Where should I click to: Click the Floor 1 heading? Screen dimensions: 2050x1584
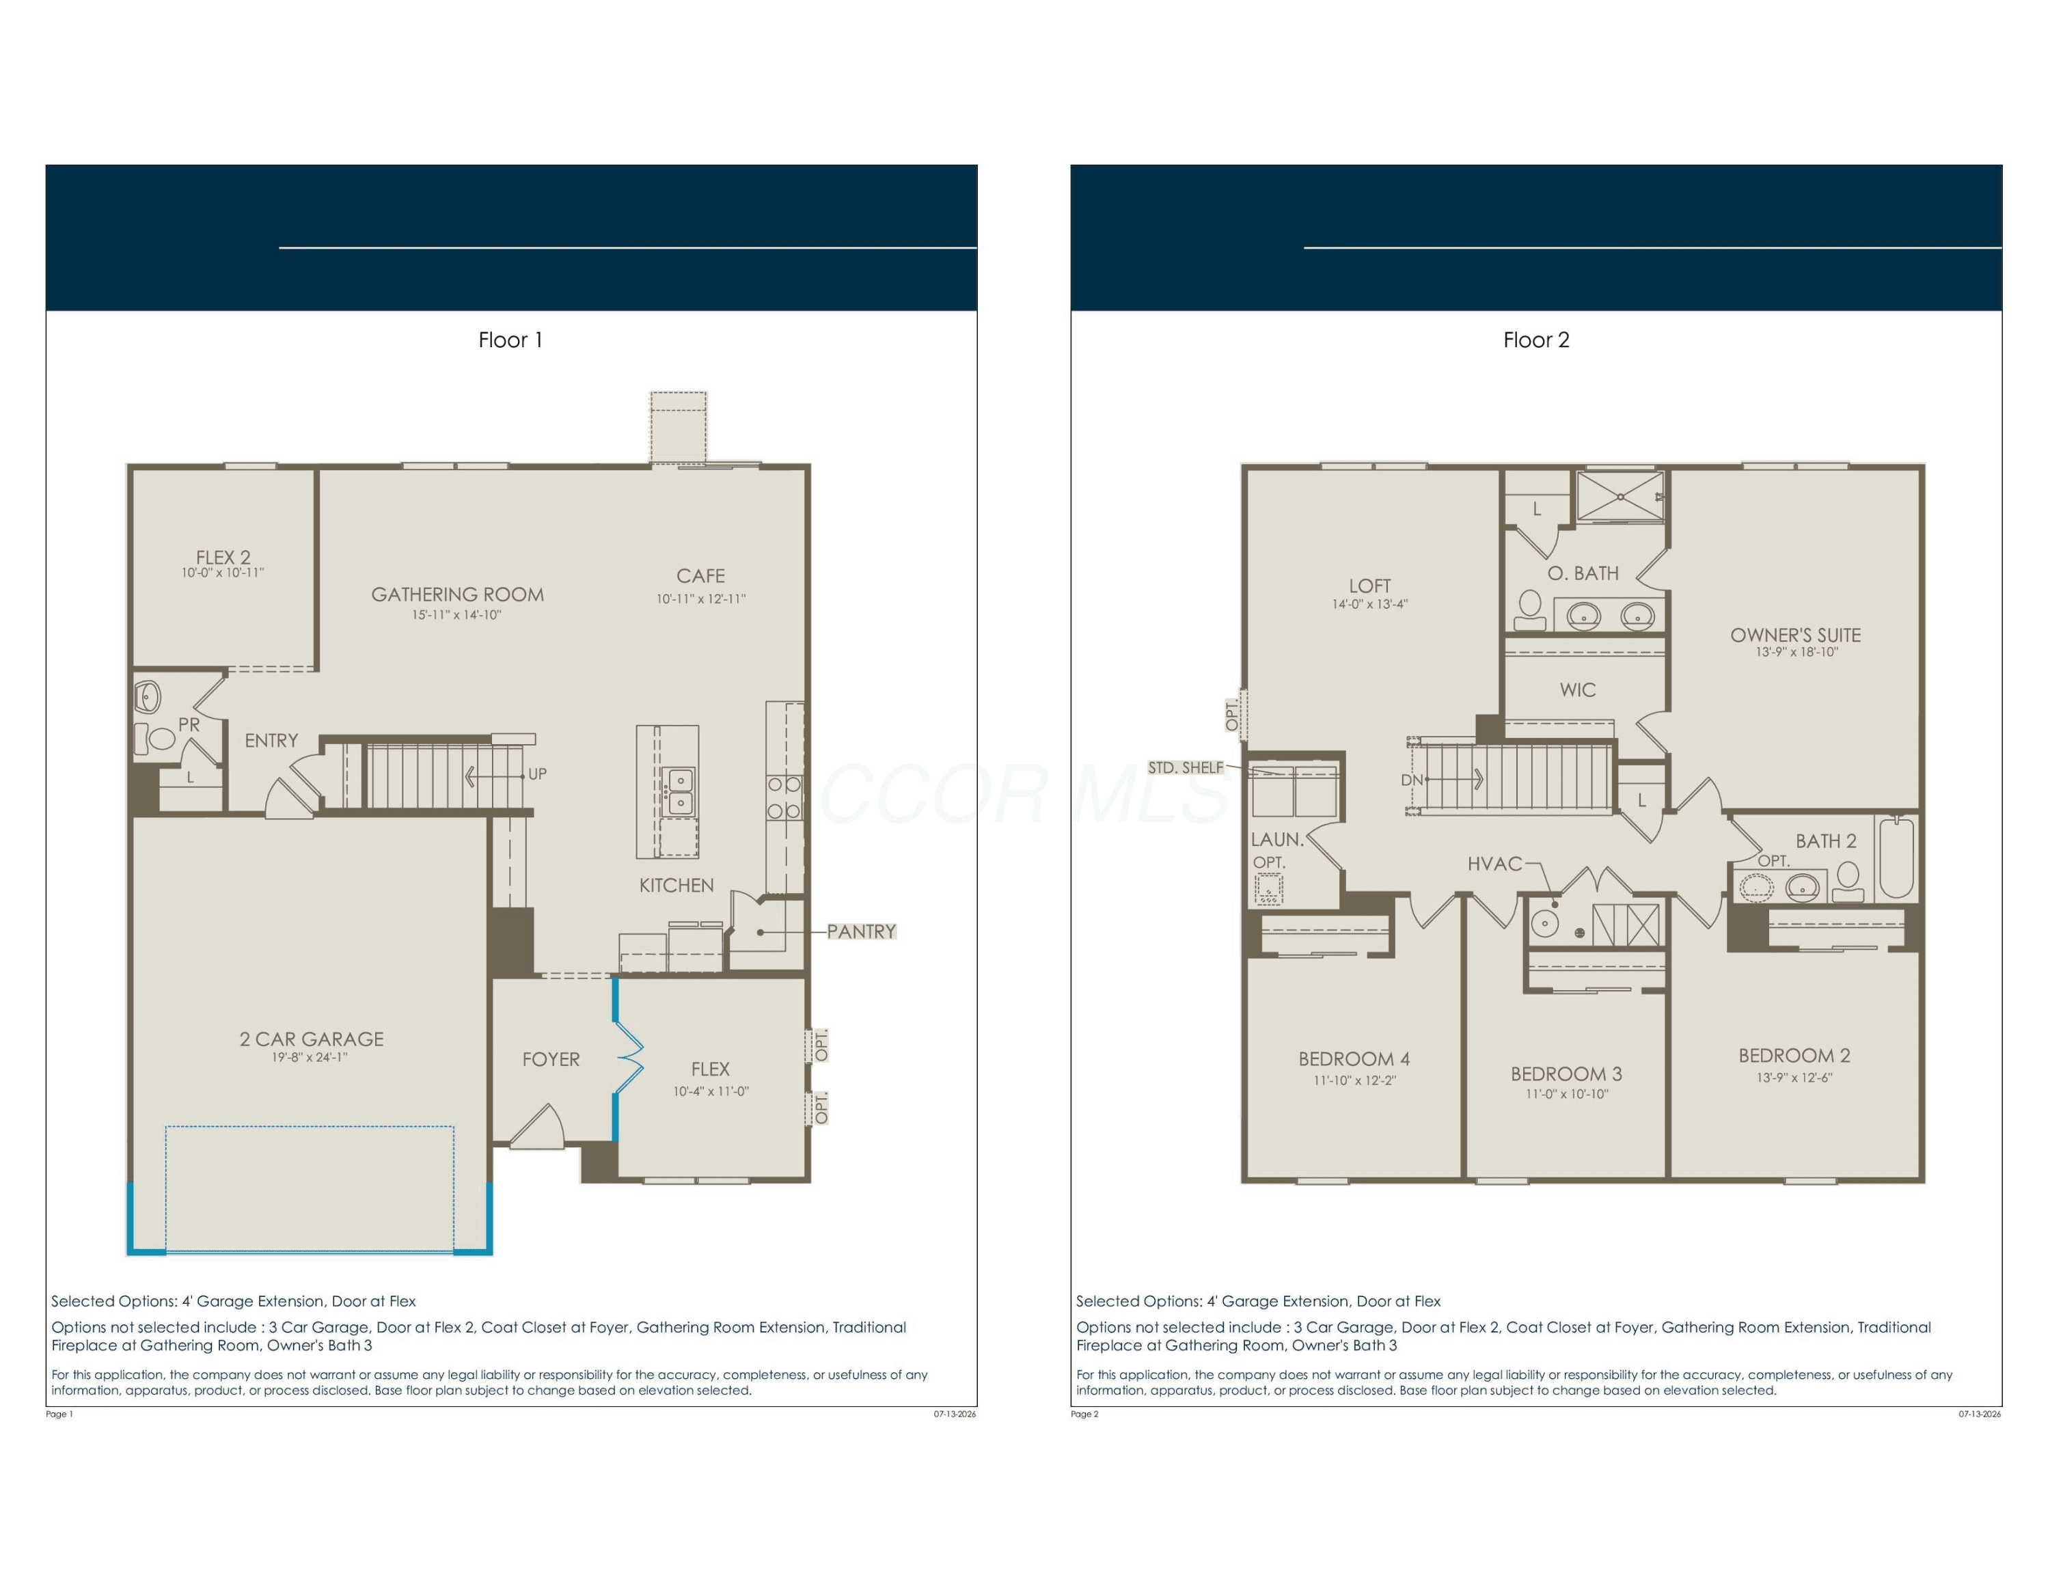(510, 340)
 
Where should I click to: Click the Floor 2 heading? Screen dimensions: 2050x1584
(1535, 340)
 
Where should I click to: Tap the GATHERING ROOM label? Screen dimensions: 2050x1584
(457, 594)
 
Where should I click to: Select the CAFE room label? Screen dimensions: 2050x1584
(700, 575)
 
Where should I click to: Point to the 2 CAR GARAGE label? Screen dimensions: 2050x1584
(312, 1039)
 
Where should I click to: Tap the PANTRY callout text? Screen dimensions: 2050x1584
(861, 931)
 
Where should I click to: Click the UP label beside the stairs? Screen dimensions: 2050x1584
(537, 774)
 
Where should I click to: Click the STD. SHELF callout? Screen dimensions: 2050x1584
(1186, 767)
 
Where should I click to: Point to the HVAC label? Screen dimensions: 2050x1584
(1494, 863)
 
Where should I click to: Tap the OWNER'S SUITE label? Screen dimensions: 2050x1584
(1796, 636)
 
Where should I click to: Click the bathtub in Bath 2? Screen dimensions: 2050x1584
(1896, 858)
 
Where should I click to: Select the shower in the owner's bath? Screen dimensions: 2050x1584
(1620, 496)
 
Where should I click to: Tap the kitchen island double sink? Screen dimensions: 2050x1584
(679, 791)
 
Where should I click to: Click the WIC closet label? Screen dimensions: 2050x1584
(1577, 689)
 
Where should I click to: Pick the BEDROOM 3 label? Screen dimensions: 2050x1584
(1566, 1074)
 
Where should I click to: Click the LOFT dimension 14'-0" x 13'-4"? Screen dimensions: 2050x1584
(1369, 604)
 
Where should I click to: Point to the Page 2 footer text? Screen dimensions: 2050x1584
(1084, 1414)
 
